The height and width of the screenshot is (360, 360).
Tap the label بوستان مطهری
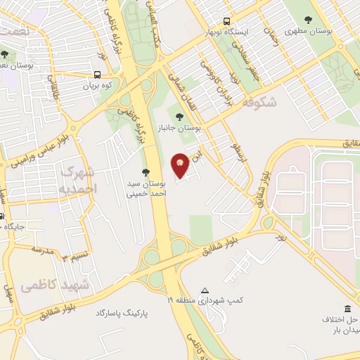(x=309, y=32)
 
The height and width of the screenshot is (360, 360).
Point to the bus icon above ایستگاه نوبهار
(x=226, y=21)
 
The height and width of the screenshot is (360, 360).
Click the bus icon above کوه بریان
(x=97, y=72)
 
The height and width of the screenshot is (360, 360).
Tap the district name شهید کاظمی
(x=56, y=285)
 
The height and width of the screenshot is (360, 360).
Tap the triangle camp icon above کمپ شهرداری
(x=205, y=290)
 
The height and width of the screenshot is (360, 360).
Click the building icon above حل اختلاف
(x=348, y=309)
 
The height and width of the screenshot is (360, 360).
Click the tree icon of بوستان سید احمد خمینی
(x=146, y=172)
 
